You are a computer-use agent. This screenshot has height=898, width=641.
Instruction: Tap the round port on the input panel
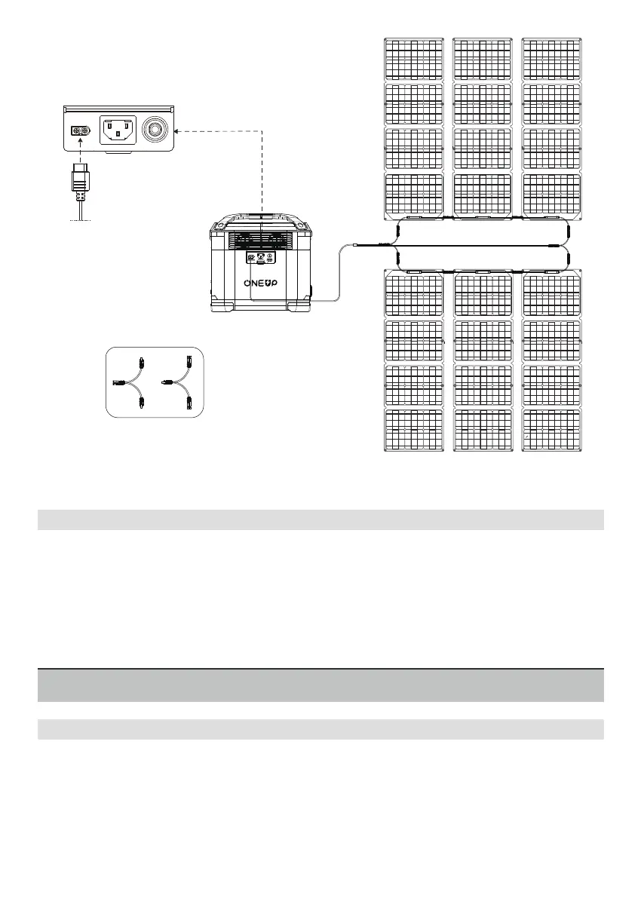click(x=157, y=130)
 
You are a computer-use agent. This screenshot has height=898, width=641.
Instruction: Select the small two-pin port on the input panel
click(x=80, y=131)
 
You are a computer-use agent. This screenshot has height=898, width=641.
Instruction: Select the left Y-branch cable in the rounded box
click(x=130, y=382)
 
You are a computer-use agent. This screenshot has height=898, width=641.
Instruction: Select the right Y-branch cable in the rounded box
click(x=179, y=382)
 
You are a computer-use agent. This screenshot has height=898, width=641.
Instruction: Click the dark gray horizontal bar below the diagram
click(x=320, y=685)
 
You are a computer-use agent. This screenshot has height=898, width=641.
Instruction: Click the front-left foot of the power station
click(x=223, y=308)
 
